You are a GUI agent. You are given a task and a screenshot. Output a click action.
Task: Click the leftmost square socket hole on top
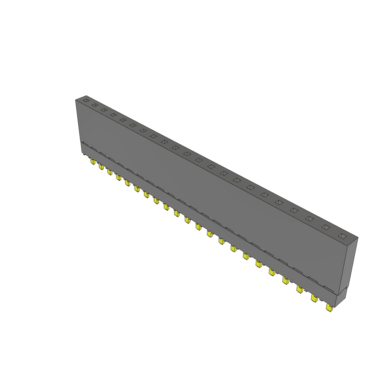click(86, 101)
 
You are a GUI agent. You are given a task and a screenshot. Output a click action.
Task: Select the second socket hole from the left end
click(95, 105)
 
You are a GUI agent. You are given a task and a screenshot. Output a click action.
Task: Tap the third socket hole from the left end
click(104, 110)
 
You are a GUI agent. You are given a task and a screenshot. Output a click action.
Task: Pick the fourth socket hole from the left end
click(113, 115)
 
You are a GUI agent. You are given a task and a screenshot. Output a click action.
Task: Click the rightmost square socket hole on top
click(342, 236)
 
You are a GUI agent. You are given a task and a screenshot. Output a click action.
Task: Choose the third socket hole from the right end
click(309, 219)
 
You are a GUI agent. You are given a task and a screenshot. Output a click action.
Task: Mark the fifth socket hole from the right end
click(279, 202)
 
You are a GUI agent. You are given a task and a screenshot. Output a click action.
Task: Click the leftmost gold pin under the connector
click(93, 161)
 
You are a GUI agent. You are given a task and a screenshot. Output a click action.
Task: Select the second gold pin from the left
click(101, 166)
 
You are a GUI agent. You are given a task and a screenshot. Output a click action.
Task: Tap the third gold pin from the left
click(110, 172)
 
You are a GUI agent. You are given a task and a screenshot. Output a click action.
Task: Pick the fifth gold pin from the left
click(128, 183)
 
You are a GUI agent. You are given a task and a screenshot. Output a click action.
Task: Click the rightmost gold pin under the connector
click(329, 308)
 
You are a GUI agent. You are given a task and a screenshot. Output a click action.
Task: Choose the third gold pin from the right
click(299, 289)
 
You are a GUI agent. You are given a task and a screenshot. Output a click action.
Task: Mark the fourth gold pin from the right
click(285, 280)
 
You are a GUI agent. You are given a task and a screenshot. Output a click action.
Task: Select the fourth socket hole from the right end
click(294, 210)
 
